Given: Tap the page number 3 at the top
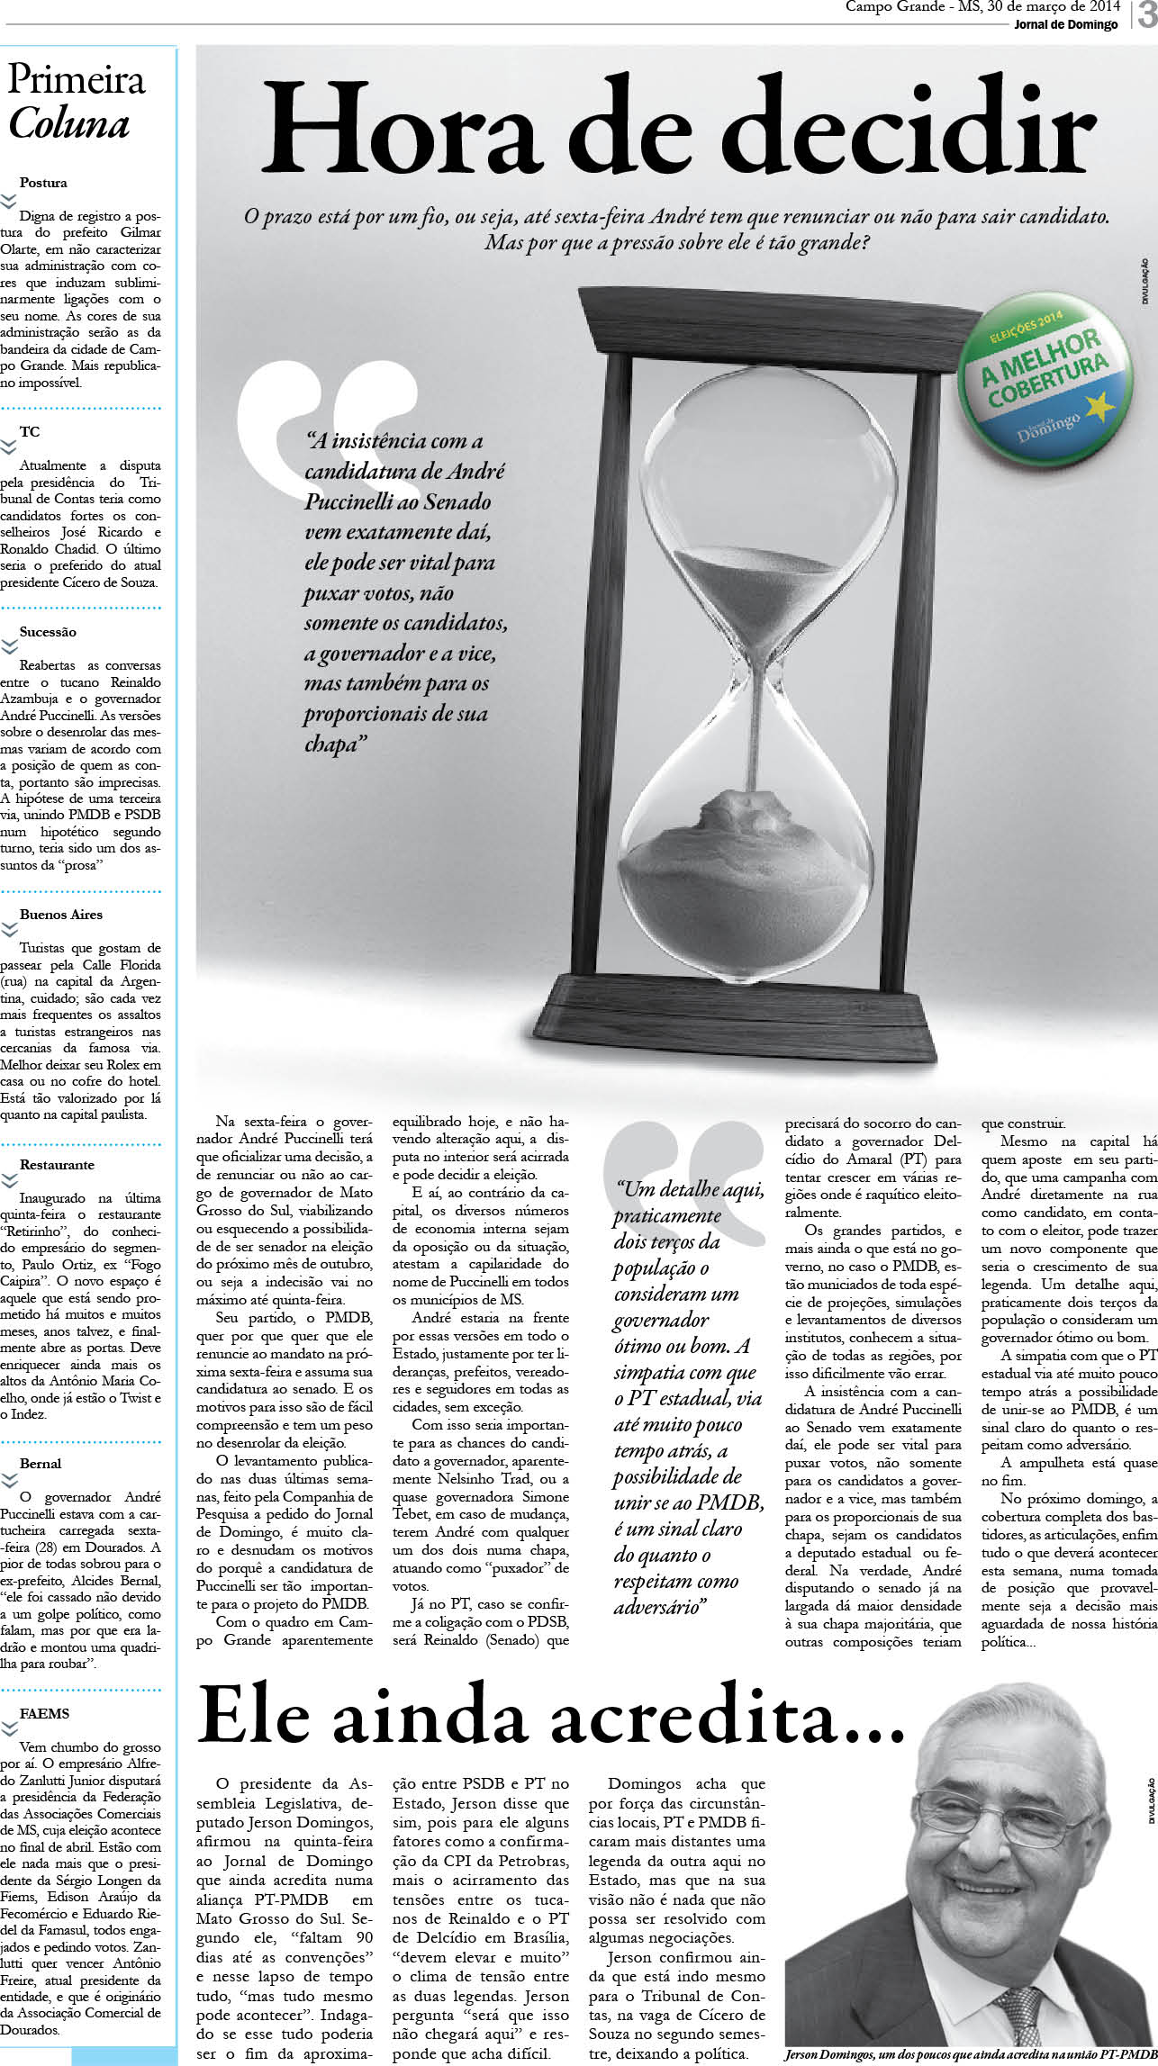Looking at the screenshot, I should click(1146, 15).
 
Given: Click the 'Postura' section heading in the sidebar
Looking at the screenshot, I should click(43, 183).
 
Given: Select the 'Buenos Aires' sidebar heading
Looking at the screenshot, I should click(61, 915).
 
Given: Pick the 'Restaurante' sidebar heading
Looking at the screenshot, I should click(57, 1165).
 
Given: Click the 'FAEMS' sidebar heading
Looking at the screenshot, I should click(44, 1714).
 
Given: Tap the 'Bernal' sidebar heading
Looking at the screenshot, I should click(41, 1464).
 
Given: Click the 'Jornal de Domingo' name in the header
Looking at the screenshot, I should click(1065, 24).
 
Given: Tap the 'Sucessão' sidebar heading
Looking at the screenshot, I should click(48, 632).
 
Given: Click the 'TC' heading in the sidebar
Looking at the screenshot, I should click(30, 432).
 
